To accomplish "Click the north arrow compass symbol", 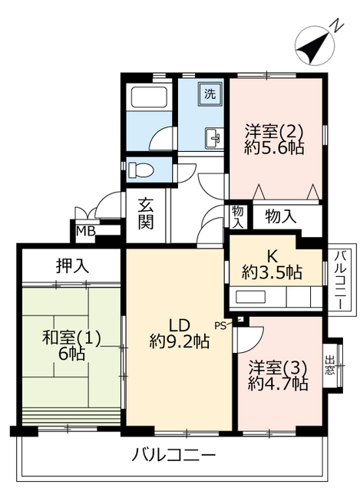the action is (x=312, y=45).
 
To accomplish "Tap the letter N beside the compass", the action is (x=338, y=25).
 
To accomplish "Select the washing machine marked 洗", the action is (x=210, y=94).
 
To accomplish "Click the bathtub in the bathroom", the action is (x=150, y=97).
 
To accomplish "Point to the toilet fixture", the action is (x=141, y=170).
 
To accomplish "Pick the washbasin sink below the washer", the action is (x=213, y=137).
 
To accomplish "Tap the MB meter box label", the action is (x=86, y=231).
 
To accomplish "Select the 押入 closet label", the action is (x=72, y=265).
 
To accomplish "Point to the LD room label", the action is (x=180, y=325).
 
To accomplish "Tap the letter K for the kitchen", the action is (x=272, y=257).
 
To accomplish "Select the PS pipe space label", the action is (x=220, y=325).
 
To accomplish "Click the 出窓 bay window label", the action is (x=329, y=365).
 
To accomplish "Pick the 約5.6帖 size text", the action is (x=274, y=147).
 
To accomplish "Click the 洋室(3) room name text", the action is (x=278, y=367).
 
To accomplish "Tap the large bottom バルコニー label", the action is (x=174, y=455).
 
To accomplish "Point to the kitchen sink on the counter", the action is (x=251, y=297).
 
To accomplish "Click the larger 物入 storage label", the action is (x=280, y=216).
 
